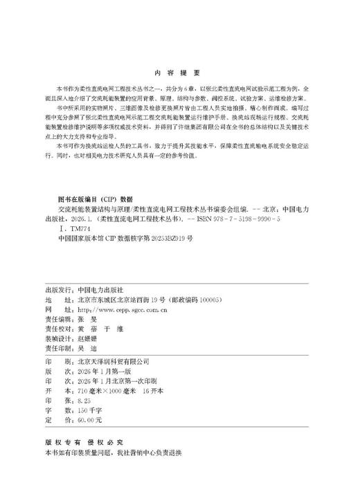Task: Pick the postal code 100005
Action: pyautogui.click(x=206, y=282)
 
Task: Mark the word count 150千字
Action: pyautogui.click(x=90, y=410)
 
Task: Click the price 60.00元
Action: pyautogui.click(x=89, y=419)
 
